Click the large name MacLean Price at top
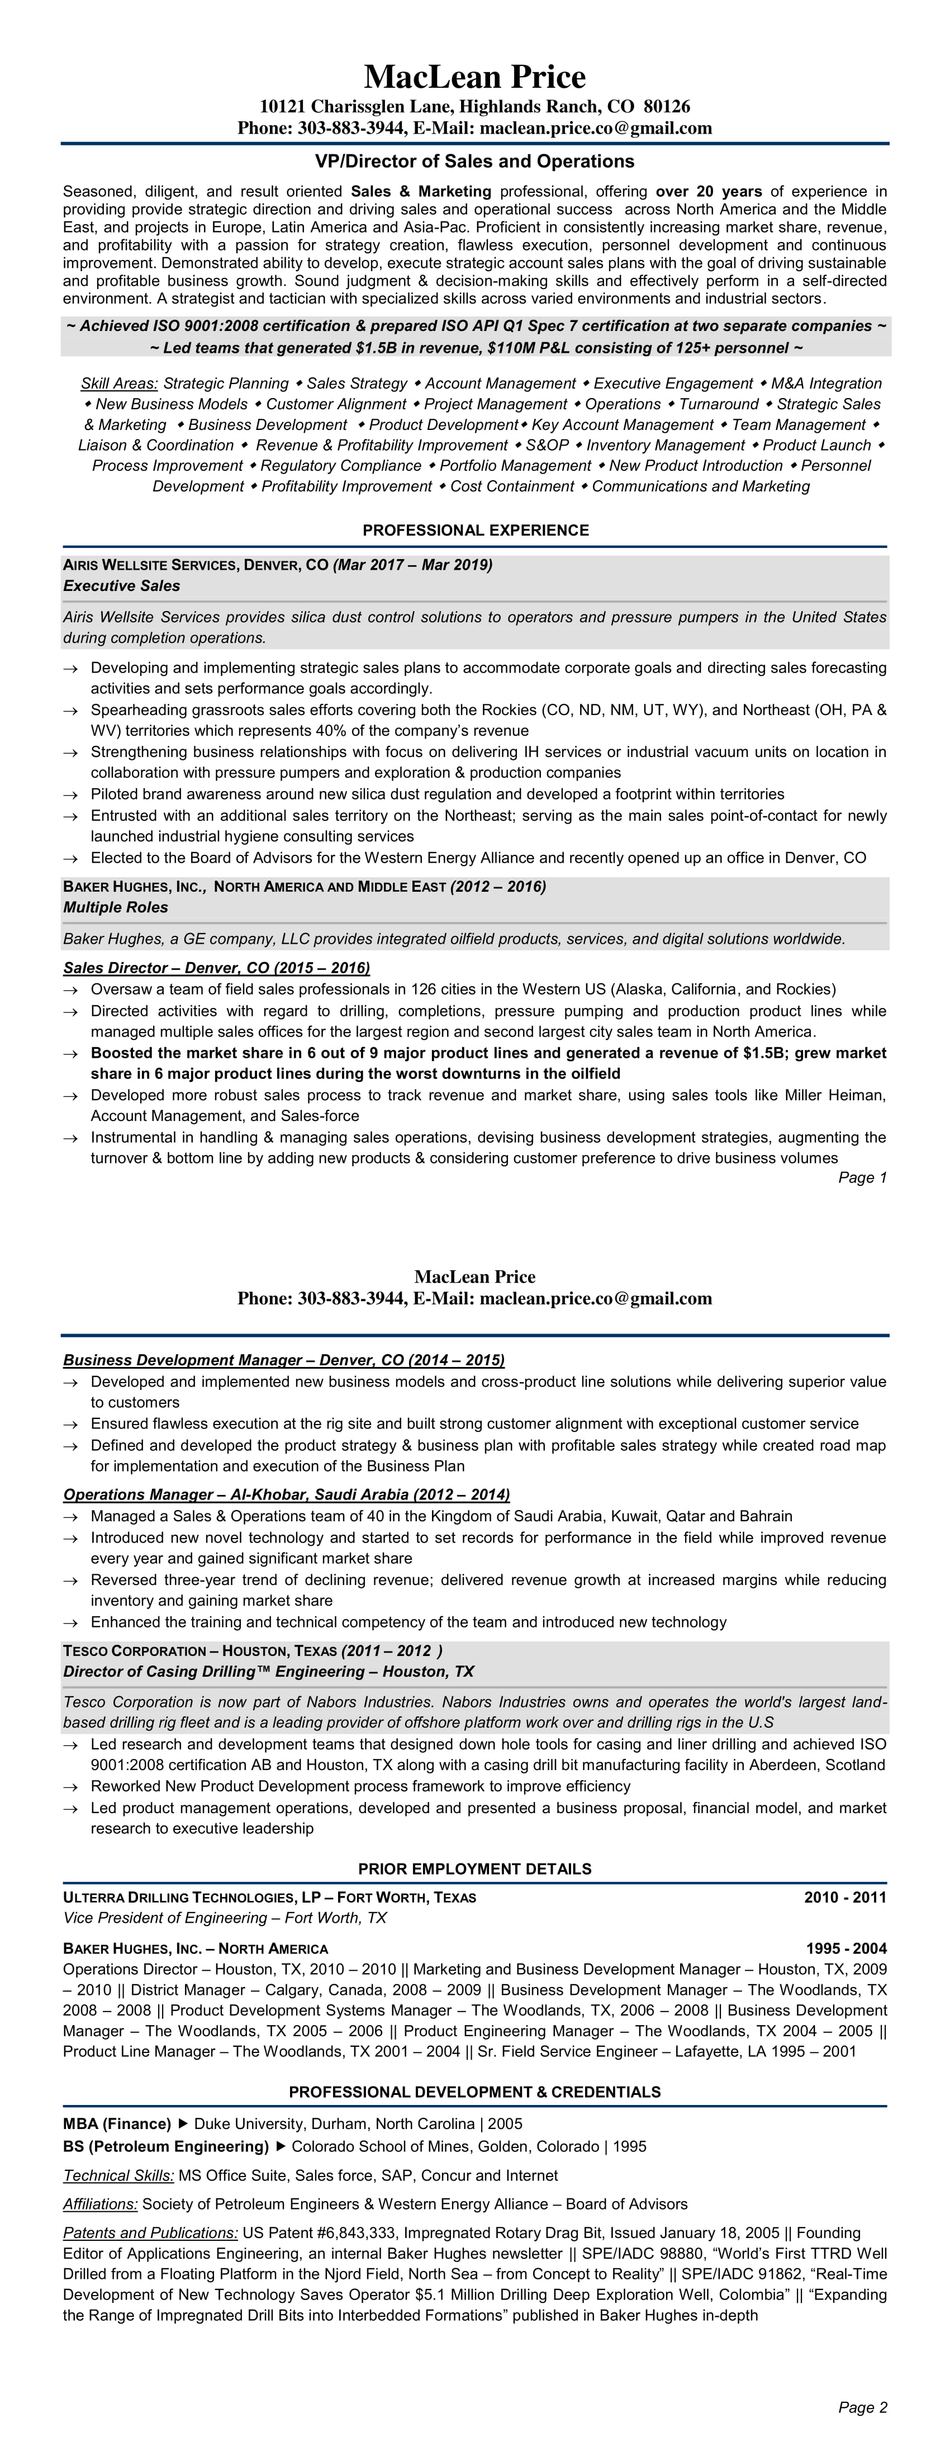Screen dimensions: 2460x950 474,77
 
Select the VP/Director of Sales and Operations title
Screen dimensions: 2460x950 474,162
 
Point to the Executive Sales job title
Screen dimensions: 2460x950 121,585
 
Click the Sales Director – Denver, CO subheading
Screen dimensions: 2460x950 216,967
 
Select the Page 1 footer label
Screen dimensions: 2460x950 862,1177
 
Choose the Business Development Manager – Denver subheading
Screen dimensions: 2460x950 283,1360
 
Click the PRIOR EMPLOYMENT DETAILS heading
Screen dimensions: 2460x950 474,1869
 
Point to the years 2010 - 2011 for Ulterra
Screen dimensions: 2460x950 845,1898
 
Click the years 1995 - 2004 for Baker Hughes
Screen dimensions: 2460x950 845,1948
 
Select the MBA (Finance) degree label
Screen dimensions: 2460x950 116,2124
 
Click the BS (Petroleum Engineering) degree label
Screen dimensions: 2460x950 166,2147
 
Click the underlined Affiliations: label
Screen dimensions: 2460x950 100,2204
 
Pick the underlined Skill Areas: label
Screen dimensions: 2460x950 120,383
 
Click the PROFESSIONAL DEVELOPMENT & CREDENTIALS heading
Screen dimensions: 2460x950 474,2092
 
